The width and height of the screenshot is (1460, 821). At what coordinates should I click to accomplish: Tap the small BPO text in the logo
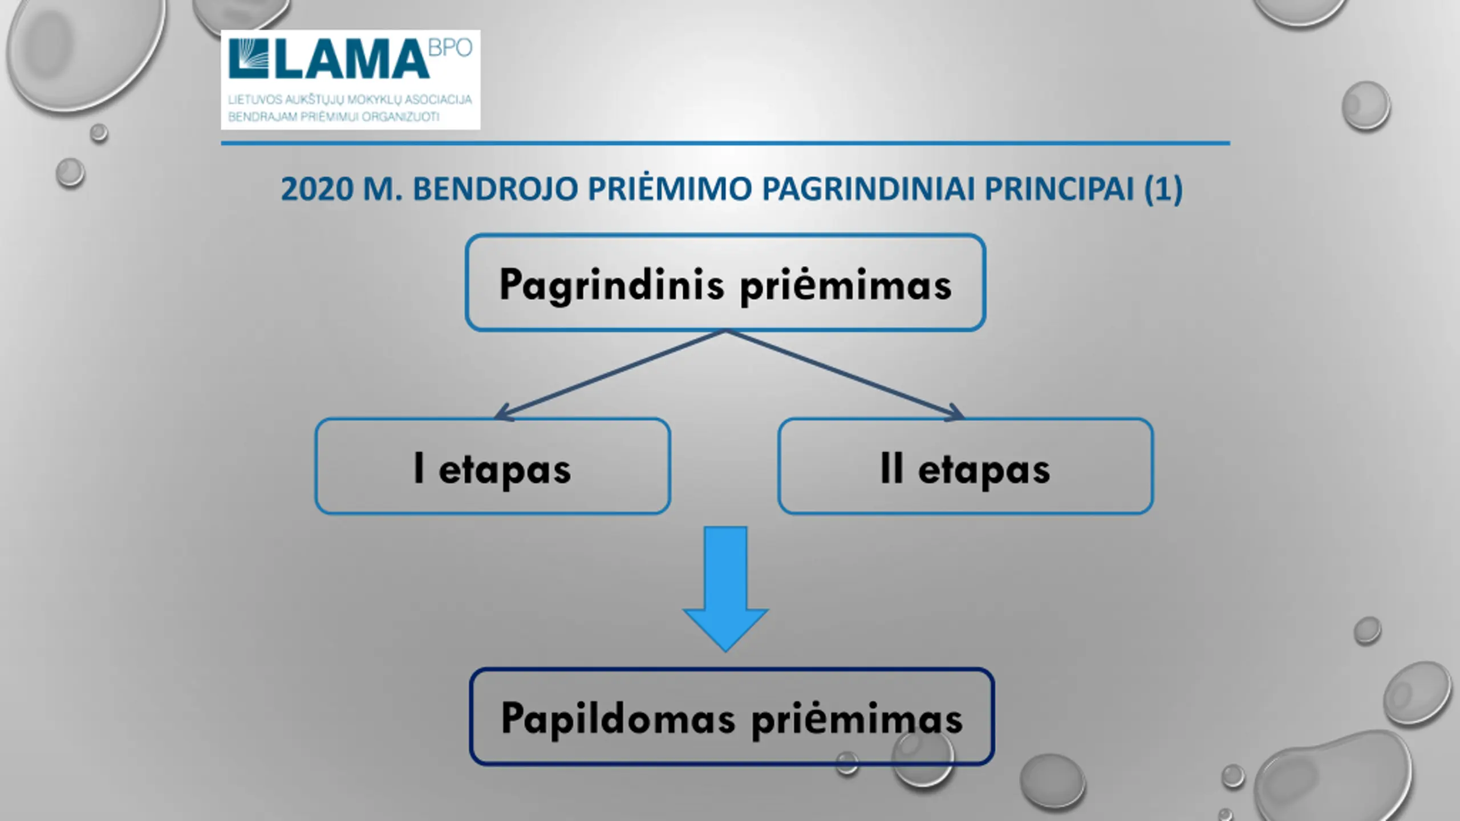[450, 48]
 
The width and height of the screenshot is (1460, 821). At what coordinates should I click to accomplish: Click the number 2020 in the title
[317, 189]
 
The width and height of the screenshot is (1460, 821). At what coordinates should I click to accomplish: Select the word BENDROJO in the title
[495, 189]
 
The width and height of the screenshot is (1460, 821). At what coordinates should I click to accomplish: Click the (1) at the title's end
[1163, 189]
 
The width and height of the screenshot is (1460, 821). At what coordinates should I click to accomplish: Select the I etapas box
[493, 466]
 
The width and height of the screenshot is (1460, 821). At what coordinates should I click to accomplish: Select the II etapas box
[965, 466]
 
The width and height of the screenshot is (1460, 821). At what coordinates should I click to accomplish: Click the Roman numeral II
[891, 469]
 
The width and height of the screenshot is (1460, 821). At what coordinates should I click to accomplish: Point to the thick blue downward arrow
[725, 587]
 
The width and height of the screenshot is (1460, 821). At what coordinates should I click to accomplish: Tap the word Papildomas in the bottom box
[618, 718]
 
